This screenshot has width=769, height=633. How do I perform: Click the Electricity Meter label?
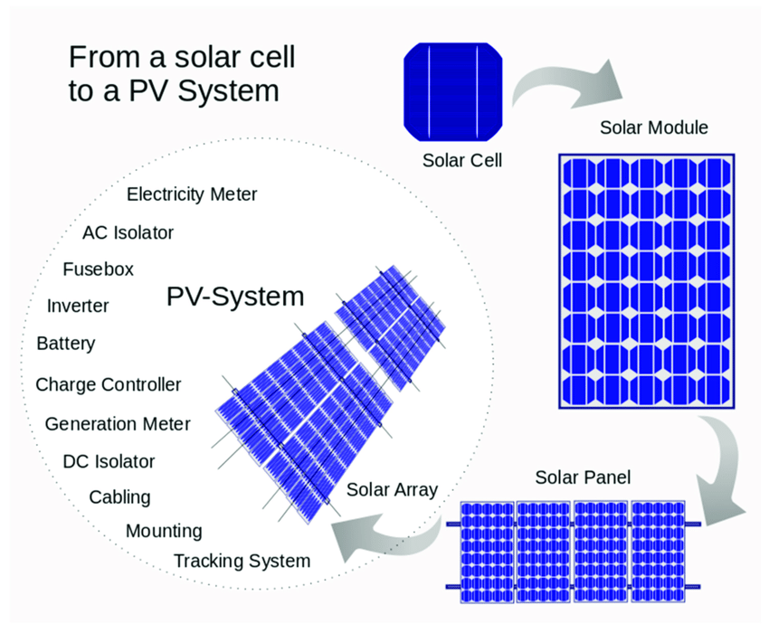(x=192, y=194)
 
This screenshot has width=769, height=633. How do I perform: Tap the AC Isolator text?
(x=128, y=233)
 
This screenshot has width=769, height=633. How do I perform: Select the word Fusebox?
(x=98, y=269)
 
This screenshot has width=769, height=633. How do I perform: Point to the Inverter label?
(x=78, y=306)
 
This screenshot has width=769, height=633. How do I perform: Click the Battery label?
(x=66, y=344)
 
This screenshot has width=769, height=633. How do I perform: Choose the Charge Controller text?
(x=109, y=385)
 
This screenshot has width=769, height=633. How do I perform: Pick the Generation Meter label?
(x=118, y=424)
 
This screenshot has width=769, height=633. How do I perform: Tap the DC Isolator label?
(x=109, y=461)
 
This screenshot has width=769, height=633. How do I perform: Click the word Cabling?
(x=119, y=497)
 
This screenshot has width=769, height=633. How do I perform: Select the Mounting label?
(x=164, y=532)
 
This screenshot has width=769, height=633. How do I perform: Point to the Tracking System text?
(x=242, y=561)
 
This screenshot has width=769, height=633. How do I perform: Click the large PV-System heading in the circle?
(x=235, y=297)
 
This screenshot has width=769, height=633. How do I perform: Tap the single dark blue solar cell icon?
(x=452, y=91)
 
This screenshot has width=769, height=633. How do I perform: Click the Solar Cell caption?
(x=462, y=160)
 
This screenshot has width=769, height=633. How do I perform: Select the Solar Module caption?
(x=654, y=128)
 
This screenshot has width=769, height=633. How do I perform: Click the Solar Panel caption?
(x=583, y=477)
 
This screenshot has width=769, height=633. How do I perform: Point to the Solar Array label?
(x=392, y=490)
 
